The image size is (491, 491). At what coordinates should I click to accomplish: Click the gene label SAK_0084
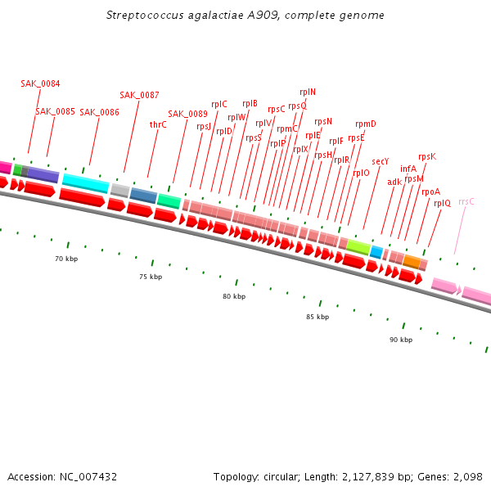coord(40,83)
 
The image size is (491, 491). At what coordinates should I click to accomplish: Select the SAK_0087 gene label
coord(139,95)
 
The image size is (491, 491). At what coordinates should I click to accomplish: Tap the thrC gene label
coord(158,124)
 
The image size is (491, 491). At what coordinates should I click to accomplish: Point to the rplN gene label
coord(308,92)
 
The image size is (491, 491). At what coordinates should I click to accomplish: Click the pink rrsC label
coord(466,201)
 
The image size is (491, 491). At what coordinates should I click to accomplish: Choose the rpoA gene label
coord(431,191)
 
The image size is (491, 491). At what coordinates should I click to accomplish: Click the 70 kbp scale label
coord(66,259)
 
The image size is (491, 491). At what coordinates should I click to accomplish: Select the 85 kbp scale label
coord(318,317)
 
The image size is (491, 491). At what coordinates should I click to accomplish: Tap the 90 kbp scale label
coord(401,340)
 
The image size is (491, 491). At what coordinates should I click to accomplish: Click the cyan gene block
coord(85,183)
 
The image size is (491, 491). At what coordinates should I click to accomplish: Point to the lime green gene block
coord(358,245)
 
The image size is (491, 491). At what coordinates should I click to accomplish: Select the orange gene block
coord(412,262)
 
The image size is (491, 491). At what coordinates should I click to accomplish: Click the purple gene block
coord(43,175)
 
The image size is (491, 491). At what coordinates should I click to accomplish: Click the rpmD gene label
coord(366,124)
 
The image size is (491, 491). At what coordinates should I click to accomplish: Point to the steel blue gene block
coord(143,195)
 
